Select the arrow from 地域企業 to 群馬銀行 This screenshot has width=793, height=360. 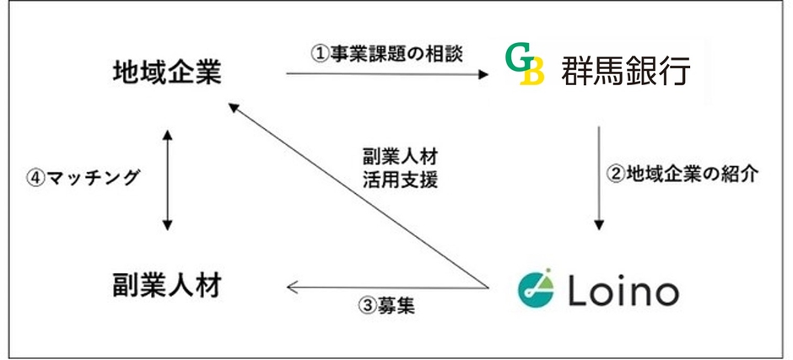pyautogui.click(x=387, y=73)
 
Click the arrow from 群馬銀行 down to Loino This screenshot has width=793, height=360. pyautogui.click(x=599, y=178)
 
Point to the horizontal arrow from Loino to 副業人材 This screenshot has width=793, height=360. pyautogui.click(x=388, y=287)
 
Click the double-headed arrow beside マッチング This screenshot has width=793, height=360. pyautogui.click(x=167, y=179)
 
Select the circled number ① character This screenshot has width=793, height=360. pyautogui.click(x=318, y=53)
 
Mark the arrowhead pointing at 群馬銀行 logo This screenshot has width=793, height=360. pyautogui.click(x=483, y=73)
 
